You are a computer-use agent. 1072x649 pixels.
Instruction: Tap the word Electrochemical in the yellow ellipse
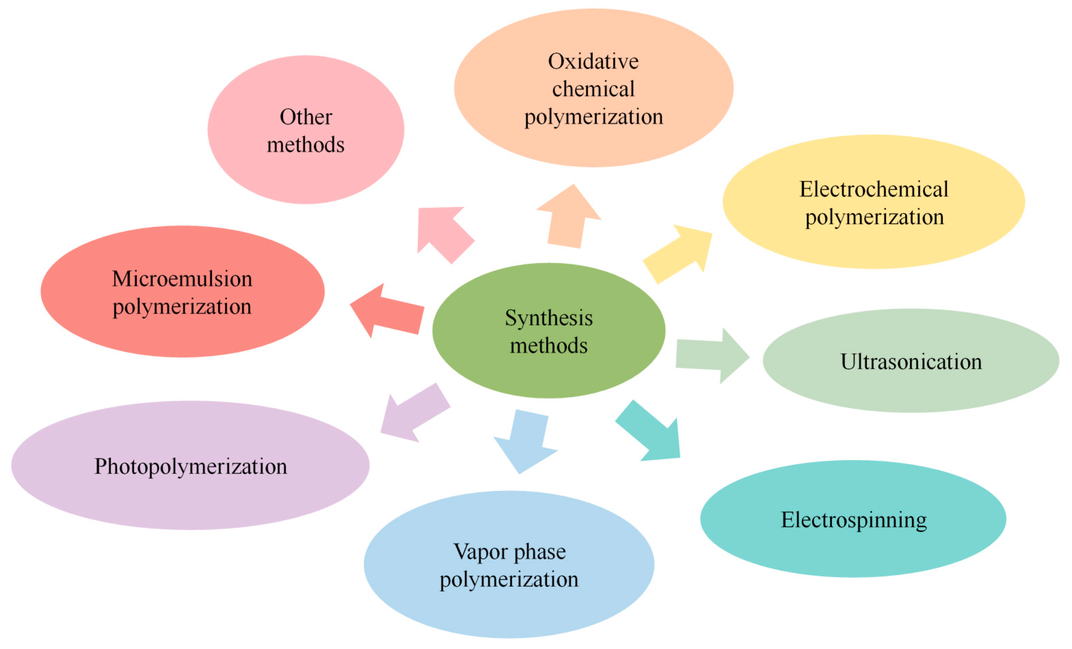point(873,189)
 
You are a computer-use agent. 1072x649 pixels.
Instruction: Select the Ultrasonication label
point(911,362)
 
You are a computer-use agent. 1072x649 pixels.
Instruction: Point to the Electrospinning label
point(854,520)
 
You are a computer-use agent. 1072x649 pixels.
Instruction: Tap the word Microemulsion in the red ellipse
point(182,279)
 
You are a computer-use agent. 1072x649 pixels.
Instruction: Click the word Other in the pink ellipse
point(306,117)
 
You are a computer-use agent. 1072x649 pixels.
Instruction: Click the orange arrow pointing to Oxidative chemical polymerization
point(568,217)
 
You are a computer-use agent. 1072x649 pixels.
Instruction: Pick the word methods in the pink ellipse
point(306,145)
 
